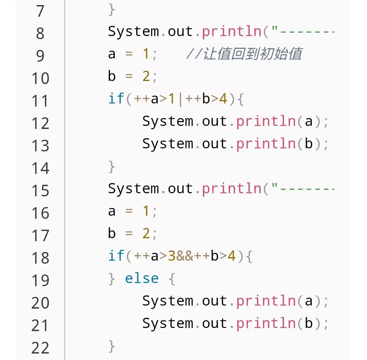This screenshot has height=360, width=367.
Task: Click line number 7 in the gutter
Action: [x=40, y=11]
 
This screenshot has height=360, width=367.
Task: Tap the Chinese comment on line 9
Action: [x=244, y=54]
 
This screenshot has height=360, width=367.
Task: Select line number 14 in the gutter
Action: [x=40, y=168]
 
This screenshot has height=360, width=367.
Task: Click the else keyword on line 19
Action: [x=142, y=279]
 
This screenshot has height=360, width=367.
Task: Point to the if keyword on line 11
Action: [x=116, y=99]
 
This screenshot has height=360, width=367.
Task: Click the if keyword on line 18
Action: [x=116, y=256]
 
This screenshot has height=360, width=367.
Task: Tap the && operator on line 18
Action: [x=185, y=256]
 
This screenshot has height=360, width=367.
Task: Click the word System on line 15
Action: [x=133, y=189]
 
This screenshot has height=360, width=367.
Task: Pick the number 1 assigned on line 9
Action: [x=146, y=54]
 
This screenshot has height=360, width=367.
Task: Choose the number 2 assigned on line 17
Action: [x=146, y=234]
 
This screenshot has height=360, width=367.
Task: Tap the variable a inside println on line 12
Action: [x=309, y=121]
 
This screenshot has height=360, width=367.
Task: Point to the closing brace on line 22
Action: [x=112, y=346]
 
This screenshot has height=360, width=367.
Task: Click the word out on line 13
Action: [x=214, y=144]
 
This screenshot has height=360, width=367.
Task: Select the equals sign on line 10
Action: [x=129, y=77]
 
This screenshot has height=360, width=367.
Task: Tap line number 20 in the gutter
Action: [x=40, y=303]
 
